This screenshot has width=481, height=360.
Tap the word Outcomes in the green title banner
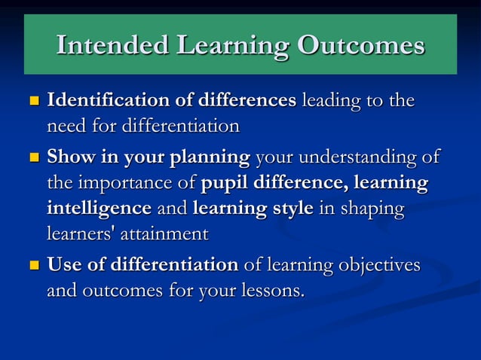coord(360,46)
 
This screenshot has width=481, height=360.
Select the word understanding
coord(354,158)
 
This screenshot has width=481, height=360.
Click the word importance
coord(134,184)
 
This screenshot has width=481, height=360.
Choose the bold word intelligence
coord(99,209)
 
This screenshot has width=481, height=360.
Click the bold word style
coord(290,209)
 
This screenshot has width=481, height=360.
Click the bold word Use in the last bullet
coord(66,265)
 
